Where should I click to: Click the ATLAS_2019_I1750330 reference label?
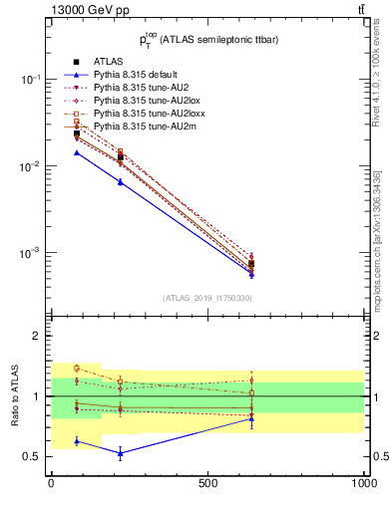[207, 298]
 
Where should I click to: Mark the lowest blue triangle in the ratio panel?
[122, 453]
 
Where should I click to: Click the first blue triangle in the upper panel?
[77, 152]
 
